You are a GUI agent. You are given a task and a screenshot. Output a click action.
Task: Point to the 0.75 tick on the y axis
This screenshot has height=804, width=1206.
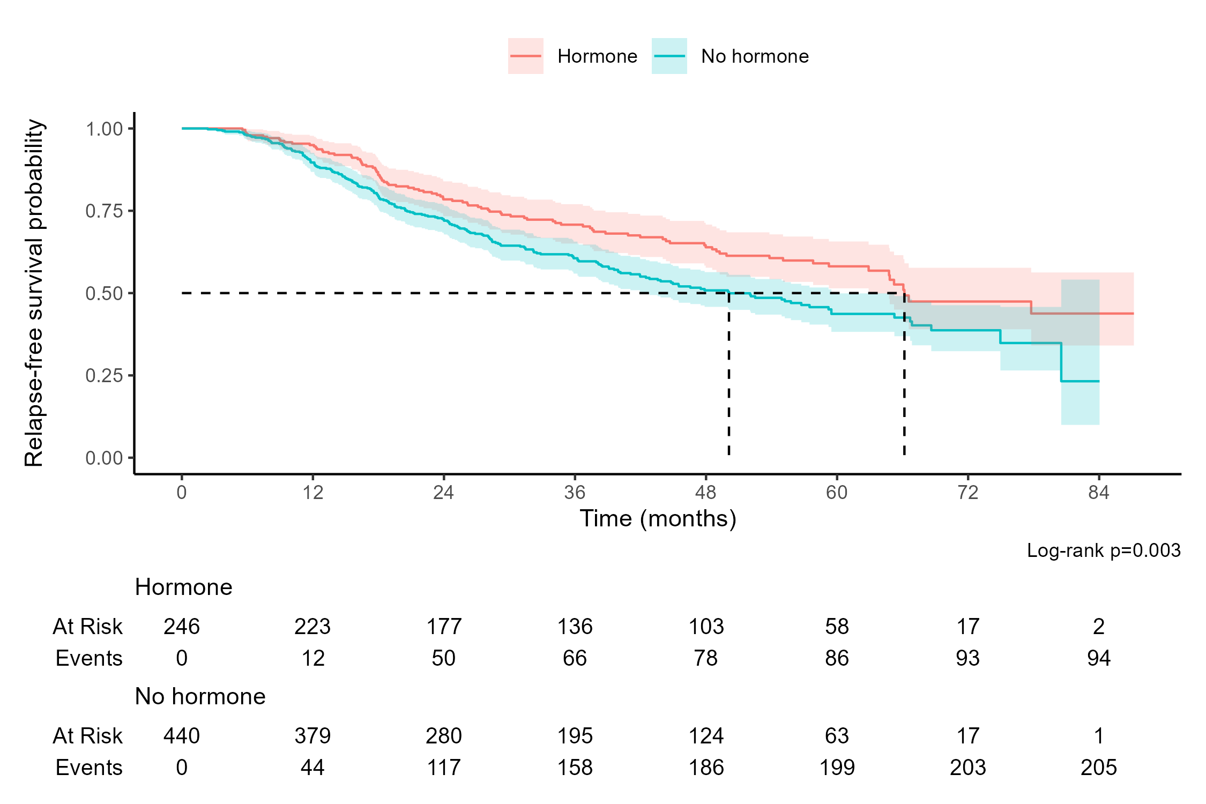tap(105, 211)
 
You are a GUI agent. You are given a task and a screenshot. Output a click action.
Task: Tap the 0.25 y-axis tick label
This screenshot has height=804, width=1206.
tap(105, 376)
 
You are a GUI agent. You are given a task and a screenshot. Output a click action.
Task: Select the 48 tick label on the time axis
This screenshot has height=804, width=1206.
tap(705, 493)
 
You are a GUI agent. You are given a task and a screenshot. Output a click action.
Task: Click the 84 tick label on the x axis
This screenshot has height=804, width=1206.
tap(1098, 493)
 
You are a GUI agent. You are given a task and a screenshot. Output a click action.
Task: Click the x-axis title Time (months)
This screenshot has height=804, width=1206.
tap(658, 519)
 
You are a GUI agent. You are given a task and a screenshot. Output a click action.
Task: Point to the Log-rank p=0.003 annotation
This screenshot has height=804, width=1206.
tap(1103, 550)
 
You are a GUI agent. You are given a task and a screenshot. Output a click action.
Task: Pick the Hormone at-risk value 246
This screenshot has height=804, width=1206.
tap(182, 627)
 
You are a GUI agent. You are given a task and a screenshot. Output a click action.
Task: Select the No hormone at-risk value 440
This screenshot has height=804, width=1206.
tap(182, 736)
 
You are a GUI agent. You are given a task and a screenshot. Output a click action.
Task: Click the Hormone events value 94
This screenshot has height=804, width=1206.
tap(1098, 658)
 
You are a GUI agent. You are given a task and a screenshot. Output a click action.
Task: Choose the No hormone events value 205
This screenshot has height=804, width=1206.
tap(1098, 768)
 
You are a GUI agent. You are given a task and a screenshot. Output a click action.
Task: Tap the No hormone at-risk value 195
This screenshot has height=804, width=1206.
tap(575, 736)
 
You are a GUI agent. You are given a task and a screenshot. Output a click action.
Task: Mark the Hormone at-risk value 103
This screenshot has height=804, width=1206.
tap(705, 627)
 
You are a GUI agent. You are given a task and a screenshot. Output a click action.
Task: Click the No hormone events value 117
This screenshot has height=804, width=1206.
tap(444, 768)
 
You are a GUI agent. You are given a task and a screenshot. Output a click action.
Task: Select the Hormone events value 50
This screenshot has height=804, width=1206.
tap(444, 658)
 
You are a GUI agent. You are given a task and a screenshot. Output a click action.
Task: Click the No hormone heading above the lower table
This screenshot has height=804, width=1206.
tap(200, 696)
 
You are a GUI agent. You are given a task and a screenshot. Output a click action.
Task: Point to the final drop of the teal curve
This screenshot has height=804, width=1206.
tap(1061, 362)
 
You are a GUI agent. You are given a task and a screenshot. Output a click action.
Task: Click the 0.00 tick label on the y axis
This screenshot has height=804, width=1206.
tap(105, 458)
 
